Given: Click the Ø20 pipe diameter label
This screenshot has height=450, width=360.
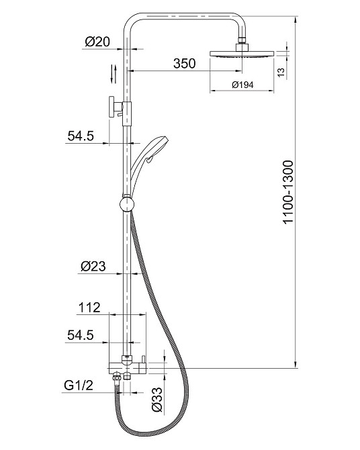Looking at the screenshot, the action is tap(97, 42).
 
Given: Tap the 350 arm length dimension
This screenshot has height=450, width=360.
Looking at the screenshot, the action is tap(184, 63).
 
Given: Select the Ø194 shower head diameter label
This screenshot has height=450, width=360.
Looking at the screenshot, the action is tap(242, 85).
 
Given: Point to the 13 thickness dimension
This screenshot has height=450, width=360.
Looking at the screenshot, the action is tap(281, 72).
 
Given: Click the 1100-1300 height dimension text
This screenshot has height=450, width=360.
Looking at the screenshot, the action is tap(288, 192).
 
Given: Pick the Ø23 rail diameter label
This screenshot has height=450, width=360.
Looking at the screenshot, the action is tap(93, 266).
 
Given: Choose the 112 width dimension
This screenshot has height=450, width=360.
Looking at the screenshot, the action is tap(89, 308).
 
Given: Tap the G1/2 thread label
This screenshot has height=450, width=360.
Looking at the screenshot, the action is tap(79, 385).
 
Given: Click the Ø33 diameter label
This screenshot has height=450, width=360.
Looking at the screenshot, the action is tap(156, 399).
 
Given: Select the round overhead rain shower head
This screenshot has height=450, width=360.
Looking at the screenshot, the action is tap(242, 54).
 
